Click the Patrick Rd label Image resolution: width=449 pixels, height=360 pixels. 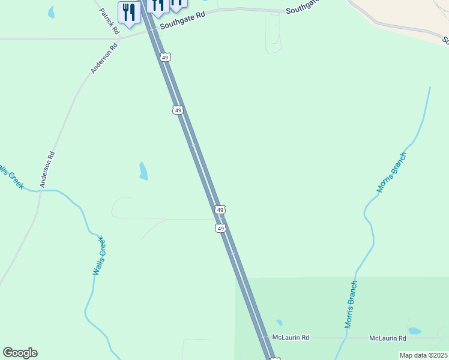[x=109, y=20]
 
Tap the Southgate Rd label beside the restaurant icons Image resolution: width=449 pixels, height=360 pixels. [x=182, y=22]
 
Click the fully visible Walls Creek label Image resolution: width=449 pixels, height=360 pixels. [x=99, y=256]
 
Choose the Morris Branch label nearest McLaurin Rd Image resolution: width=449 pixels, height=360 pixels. [x=351, y=304]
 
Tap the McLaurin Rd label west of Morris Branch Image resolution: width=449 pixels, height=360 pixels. [x=291, y=338]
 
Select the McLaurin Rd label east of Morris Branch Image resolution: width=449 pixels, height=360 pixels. [x=387, y=338]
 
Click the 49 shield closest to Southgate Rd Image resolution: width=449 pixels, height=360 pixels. [x=166, y=57]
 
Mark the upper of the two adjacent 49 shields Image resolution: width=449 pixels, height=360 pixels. [x=220, y=209]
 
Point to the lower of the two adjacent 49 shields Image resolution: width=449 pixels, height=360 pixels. [x=221, y=229]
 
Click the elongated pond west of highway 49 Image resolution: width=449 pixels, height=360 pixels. [x=143, y=171]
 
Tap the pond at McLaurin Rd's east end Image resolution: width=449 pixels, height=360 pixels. [x=414, y=331]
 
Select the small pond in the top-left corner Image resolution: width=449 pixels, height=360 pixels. [x=51, y=12]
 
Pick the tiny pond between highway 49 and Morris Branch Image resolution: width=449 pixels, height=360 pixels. [x=280, y=323]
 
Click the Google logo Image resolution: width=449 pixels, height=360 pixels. [x=20, y=353]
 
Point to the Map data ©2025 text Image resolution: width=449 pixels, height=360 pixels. [x=423, y=355]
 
